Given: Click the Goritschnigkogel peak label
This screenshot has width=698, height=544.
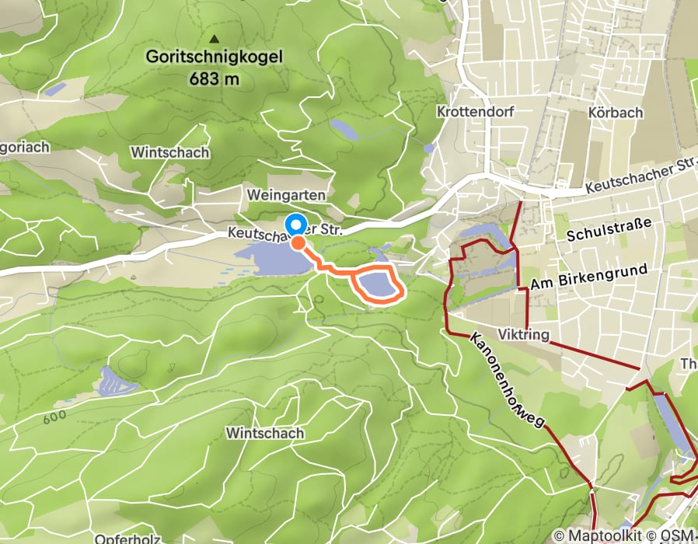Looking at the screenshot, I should (215, 57).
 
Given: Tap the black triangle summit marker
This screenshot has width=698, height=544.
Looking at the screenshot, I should (215, 38).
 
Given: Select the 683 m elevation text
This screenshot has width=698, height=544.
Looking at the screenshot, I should (214, 78).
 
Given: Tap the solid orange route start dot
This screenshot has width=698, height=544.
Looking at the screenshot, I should (298, 242).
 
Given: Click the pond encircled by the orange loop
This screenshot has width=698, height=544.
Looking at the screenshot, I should (377, 285).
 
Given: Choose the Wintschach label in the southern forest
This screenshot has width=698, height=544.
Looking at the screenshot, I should (265, 432).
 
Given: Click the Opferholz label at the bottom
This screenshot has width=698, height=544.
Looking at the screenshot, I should (120, 538).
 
